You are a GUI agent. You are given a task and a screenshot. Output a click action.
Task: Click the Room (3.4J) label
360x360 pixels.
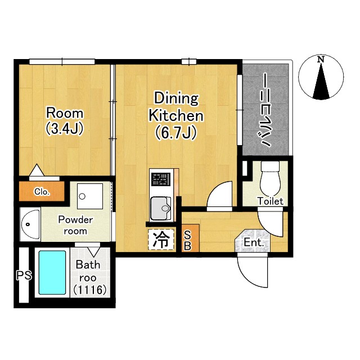pos(65,121)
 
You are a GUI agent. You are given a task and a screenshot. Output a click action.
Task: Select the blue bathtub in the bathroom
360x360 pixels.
pos(52,272)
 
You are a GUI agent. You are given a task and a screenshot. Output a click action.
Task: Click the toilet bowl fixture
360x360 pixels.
pos(271,179)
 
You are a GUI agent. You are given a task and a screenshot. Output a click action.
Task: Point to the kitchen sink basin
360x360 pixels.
pos(160,208)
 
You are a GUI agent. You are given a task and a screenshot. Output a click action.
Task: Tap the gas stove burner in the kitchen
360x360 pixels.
pos(161,179)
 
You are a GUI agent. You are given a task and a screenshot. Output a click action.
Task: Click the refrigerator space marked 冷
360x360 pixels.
pos(161,240)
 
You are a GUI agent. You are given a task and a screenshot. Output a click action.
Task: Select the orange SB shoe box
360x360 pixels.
pos(190,238)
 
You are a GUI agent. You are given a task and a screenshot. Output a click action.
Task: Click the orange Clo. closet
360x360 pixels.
pos(42,191)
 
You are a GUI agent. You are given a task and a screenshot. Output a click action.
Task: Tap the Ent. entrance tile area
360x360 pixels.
pos(253,241)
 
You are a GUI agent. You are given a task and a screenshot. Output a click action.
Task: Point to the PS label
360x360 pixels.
pos(24,275)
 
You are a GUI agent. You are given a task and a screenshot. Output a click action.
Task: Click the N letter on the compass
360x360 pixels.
pos(321,60)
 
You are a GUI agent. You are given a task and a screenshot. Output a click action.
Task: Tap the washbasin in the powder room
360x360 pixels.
pos(30,224)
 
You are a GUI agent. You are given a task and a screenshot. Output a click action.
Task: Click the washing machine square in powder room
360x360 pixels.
pos(90,196)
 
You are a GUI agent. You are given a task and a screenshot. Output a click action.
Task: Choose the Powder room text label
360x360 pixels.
pos(75,225)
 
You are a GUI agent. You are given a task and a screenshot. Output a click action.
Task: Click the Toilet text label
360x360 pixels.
pos(271,201)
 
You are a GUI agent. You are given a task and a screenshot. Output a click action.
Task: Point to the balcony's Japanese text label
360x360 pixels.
pos(266,110)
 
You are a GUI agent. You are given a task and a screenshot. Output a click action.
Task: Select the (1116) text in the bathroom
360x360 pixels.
pos(90,290)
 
